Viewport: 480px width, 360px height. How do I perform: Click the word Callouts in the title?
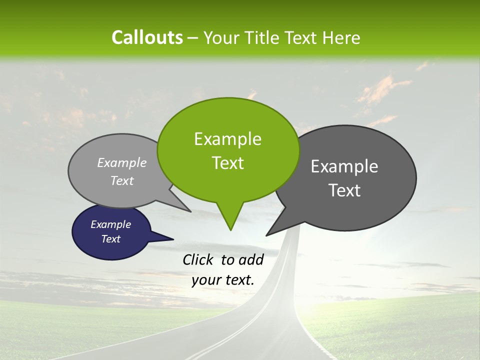tap(147, 38)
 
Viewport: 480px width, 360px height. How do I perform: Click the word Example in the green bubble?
tap(227, 139)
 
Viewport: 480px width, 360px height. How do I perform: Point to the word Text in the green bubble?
tap(227, 163)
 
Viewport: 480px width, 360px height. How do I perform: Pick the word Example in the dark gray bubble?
tap(344, 166)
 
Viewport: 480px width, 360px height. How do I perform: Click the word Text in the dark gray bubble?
tap(344, 190)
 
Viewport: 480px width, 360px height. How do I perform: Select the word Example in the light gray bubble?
tap(122, 163)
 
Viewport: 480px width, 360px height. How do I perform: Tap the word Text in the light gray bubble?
tap(122, 181)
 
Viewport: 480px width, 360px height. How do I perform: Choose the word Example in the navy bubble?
tap(110, 224)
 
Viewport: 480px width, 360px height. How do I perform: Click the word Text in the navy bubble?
tap(110, 239)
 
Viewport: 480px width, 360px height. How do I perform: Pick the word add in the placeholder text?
tap(250, 260)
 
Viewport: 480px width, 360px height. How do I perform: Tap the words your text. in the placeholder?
tap(223, 280)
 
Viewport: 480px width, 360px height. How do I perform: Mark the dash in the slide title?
tap(193, 38)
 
